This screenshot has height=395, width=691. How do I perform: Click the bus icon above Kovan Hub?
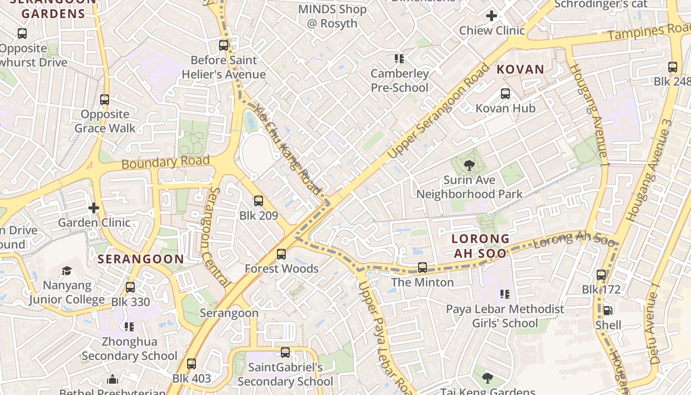[x=505, y=94]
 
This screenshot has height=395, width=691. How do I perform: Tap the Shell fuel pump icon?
[x=608, y=311]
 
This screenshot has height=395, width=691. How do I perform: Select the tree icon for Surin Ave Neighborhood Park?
[x=469, y=165]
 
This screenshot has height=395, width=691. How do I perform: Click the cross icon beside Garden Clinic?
[x=94, y=208]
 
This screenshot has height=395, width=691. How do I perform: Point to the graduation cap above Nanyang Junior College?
[x=67, y=271]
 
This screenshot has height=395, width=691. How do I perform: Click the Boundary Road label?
[x=165, y=162]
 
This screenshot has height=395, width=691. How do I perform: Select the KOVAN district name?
[x=520, y=70]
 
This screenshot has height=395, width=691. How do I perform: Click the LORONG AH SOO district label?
[x=480, y=246]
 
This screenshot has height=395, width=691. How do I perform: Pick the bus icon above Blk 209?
[x=259, y=201]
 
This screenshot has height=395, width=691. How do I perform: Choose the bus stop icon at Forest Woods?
[x=281, y=254]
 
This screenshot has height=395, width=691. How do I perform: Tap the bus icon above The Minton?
[x=422, y=268]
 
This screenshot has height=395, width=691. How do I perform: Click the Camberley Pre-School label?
[x=400, y=81]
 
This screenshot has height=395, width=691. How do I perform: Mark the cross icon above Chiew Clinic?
[x=492, y=16]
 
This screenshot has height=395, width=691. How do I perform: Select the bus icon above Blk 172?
[x=601, y=275]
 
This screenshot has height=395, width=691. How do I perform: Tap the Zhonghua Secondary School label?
[x=129, y=349]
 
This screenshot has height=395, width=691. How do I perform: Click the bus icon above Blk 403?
[x=192, y=364]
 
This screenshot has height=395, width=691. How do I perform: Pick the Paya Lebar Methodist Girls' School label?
[x=505, y=316]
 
